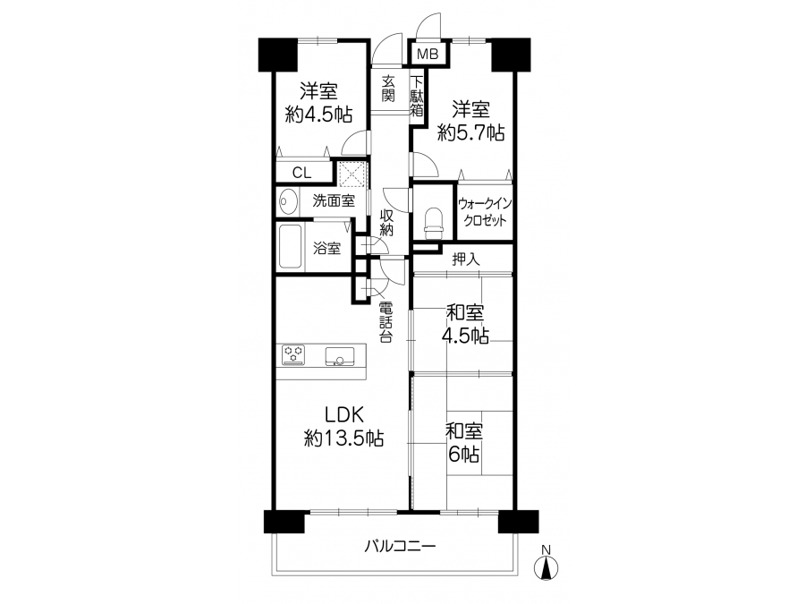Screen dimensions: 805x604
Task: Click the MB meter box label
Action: tap(428, 54)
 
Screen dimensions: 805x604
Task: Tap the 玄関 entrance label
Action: tap(388, 89)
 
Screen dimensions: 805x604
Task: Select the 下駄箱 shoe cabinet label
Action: tap(417, 96)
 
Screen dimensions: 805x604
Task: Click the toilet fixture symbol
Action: tap(433, 223)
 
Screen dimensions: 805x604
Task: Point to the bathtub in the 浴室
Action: tap(291, 247)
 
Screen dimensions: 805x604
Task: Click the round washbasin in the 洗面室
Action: tap(289, 200)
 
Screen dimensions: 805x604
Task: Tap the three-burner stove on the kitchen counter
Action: tap(293, 355)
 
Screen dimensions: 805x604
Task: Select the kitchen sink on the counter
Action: tap(339, 356)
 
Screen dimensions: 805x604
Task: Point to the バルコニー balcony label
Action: tap(401, 546)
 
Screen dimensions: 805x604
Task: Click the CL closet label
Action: tap(302, 173)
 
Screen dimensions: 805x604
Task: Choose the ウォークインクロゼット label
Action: tap(485, 211)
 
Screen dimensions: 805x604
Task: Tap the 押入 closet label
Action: tap(466, 259)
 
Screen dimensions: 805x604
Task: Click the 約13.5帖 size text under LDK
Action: tap(343, 438)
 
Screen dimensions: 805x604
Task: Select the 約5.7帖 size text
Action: tap(470, 132)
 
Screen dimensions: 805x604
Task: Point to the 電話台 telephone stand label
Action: tap(386, 322)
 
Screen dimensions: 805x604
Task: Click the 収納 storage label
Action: tap(386, 223)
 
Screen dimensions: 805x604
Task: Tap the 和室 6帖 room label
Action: tap(463, 443)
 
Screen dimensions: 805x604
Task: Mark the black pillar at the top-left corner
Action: tap(278, 55)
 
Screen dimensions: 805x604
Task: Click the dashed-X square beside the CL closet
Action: tap(352, 174)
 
